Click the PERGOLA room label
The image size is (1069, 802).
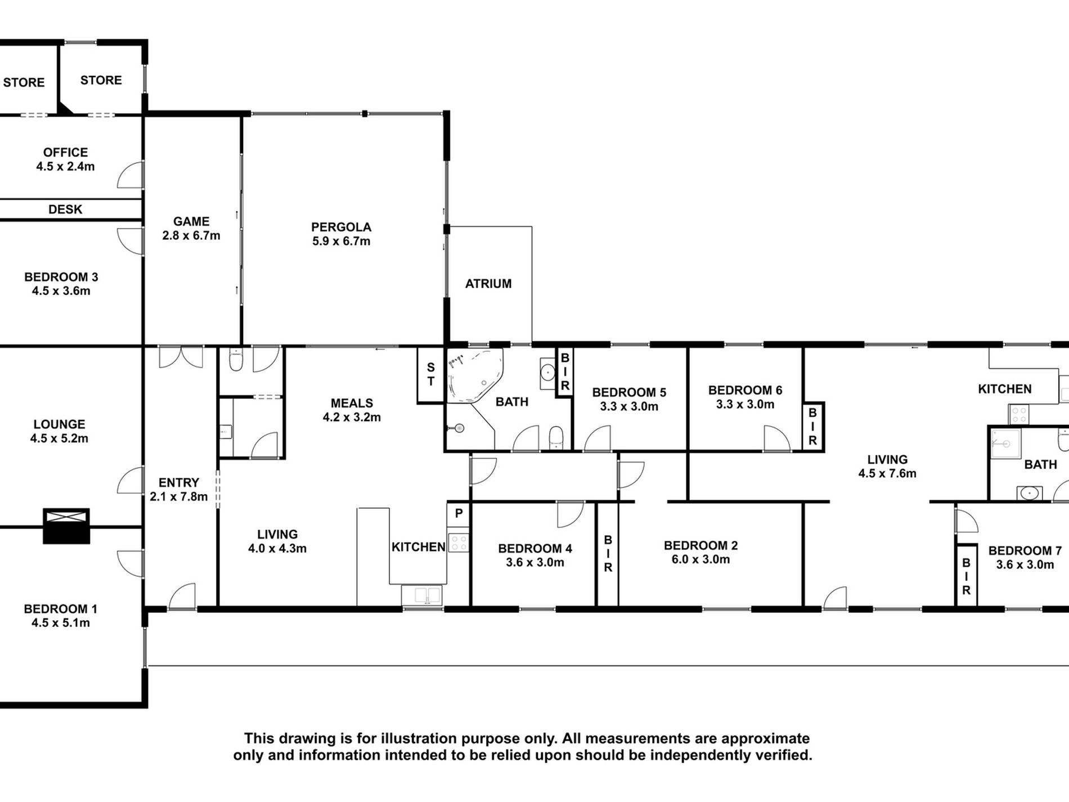(x=341, y=227)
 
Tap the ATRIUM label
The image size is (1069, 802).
(x=488, y=284)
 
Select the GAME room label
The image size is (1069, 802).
(x=191, y=222)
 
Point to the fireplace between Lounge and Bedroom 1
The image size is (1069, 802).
(x=66, y=526)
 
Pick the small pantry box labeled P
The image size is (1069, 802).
(x=459, y=513)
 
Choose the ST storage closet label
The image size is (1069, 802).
(x=430, y=374)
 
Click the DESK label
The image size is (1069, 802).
(x=65, y=209)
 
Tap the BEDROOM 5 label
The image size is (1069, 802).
(x=629, y=392)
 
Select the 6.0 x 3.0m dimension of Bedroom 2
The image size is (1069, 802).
(x=700, y=559)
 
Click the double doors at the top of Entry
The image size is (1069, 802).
(x=181, y=357)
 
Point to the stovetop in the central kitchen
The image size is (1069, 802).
(x=459, y=543)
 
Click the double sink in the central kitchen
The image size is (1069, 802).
(x=422, y=595)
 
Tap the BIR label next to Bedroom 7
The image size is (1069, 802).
(x=966, y=576)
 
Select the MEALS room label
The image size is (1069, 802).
(x=352, y=403)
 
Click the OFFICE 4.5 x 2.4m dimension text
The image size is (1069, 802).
(x=65, y=167)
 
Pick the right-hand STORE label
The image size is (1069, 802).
(x=101, y=80)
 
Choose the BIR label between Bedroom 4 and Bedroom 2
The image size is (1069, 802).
(x=608, y=554)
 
